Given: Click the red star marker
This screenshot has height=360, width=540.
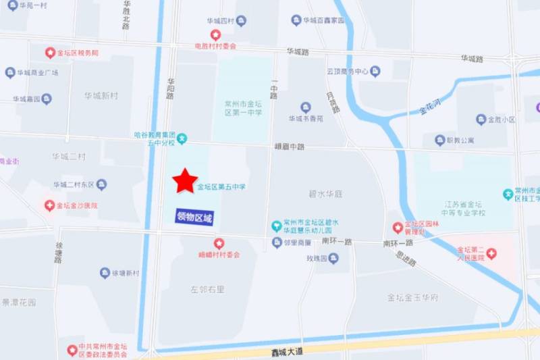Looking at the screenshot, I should tap(185, 180).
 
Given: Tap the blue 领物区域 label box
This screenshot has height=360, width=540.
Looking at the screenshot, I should tap(194, 217).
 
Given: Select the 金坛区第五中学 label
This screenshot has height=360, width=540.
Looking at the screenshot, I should tap(221, 186).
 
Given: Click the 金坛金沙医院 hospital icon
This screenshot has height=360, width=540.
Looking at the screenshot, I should tap(49, 205).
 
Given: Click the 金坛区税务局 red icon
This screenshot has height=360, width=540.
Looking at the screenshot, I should tap(50, 52).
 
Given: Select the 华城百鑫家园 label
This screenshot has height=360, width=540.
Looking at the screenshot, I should tap(323, 21).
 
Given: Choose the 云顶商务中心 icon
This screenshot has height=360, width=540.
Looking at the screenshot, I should tap(375, 71).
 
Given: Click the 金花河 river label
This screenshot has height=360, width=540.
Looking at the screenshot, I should tap(430, 107).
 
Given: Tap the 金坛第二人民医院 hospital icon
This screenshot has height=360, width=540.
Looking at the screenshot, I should tap(491, 255).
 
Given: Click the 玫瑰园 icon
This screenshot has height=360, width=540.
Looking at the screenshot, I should tap(333, 259).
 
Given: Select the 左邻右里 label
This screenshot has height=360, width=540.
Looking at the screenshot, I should tap(207, 289).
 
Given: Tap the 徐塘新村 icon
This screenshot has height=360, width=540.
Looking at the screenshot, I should tap(105, 273).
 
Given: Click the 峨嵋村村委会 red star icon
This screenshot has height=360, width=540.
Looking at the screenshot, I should tap(219, 243).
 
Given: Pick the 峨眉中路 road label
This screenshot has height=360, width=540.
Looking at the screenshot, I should tap(290, 146).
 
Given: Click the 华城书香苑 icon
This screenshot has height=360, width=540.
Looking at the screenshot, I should tap(306, 107).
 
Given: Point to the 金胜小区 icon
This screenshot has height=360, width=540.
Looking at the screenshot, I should tap(481, 120).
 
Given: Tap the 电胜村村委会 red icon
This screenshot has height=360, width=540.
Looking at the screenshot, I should tap(215, 34).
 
